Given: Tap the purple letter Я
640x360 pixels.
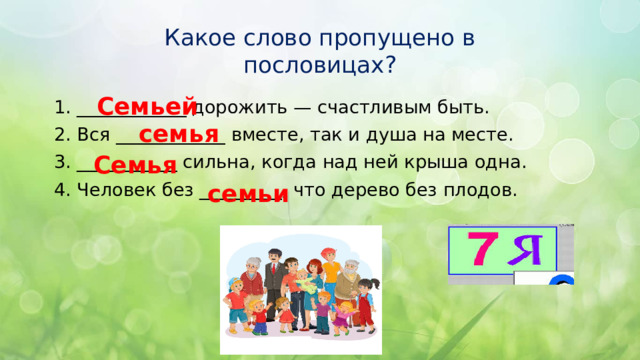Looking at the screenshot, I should tap(526, 250).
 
